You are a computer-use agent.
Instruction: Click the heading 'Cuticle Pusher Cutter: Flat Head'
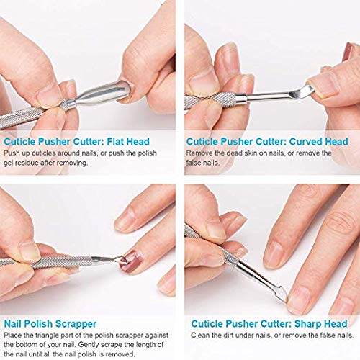(75, 142)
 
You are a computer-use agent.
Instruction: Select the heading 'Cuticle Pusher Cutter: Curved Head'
(268, 142)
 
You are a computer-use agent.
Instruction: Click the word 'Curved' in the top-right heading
(294, 142)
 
